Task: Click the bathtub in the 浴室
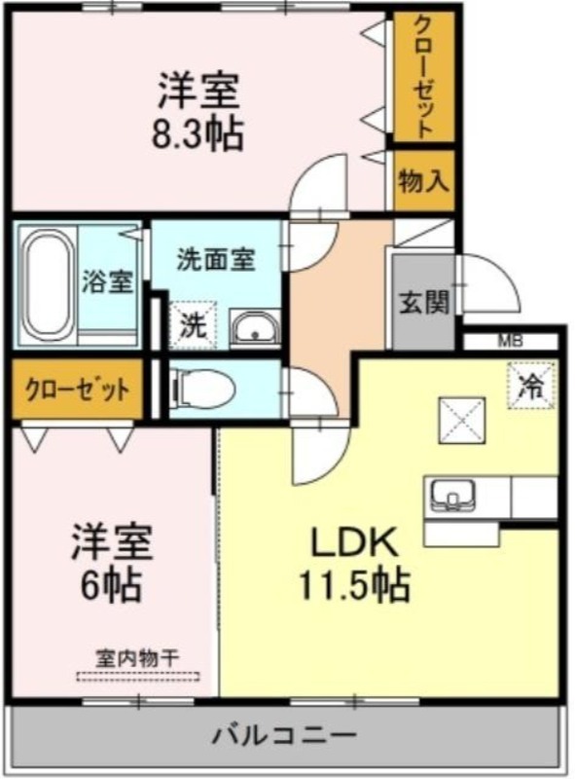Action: [48, 285]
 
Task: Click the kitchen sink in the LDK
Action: [452, 495]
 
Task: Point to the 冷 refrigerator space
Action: [531, 386]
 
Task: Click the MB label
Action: [511, 342]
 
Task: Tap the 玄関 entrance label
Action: [424, 302]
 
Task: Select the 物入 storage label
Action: [424, 180]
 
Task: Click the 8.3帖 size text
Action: [198, 133]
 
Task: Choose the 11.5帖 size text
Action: [353, 584]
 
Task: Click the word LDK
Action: [354, 543]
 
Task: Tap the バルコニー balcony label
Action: [284, 735]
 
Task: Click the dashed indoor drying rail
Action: [138, 676]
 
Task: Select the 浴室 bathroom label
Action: [107, 281]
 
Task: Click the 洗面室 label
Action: [217, 259]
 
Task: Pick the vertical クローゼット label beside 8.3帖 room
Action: [423, 78]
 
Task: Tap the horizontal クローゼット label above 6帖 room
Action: [78, 389]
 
